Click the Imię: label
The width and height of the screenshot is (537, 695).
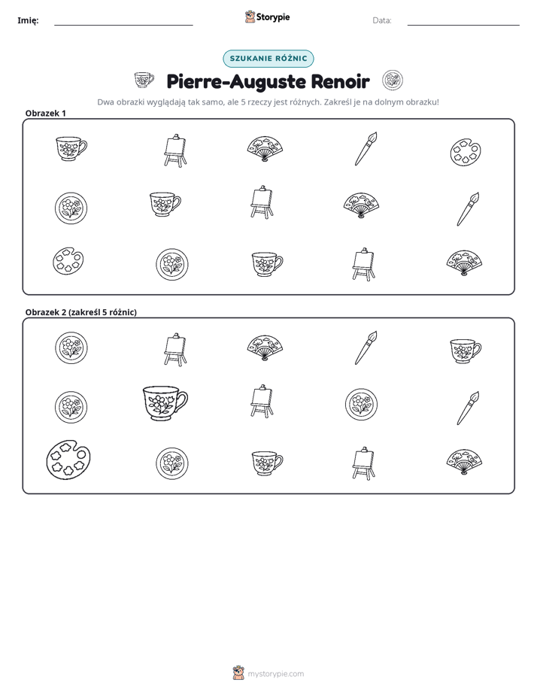[x=28, y=20]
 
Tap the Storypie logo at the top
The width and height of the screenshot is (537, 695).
[x=267, y=17]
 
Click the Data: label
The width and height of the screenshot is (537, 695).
[x=382, y=20]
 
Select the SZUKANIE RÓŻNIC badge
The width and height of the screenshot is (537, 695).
[x=268, y=59]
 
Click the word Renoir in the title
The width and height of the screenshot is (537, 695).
[x=340, y=81]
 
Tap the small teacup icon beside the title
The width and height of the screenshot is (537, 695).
[x=144, y=80]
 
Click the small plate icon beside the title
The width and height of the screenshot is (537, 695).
[x=393, y=80]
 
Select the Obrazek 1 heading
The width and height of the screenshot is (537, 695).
[x=46, y=113]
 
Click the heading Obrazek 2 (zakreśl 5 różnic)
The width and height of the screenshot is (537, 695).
[x=81, y=312]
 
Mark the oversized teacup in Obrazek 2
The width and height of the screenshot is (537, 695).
[x=165, y=402]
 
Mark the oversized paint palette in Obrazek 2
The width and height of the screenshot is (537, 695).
[x=68, y=459]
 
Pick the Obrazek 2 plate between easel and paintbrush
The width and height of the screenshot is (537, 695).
[x=361, y=404]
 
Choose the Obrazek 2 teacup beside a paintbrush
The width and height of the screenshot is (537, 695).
[x=466, y=351]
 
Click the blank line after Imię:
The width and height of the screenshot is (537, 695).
[x=123, y=26]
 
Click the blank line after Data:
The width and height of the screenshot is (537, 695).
[x=463, y=26]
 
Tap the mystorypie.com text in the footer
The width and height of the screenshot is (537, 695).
[x=275, y=674]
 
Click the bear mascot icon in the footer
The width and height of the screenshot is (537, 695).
[x=238, y=673]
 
